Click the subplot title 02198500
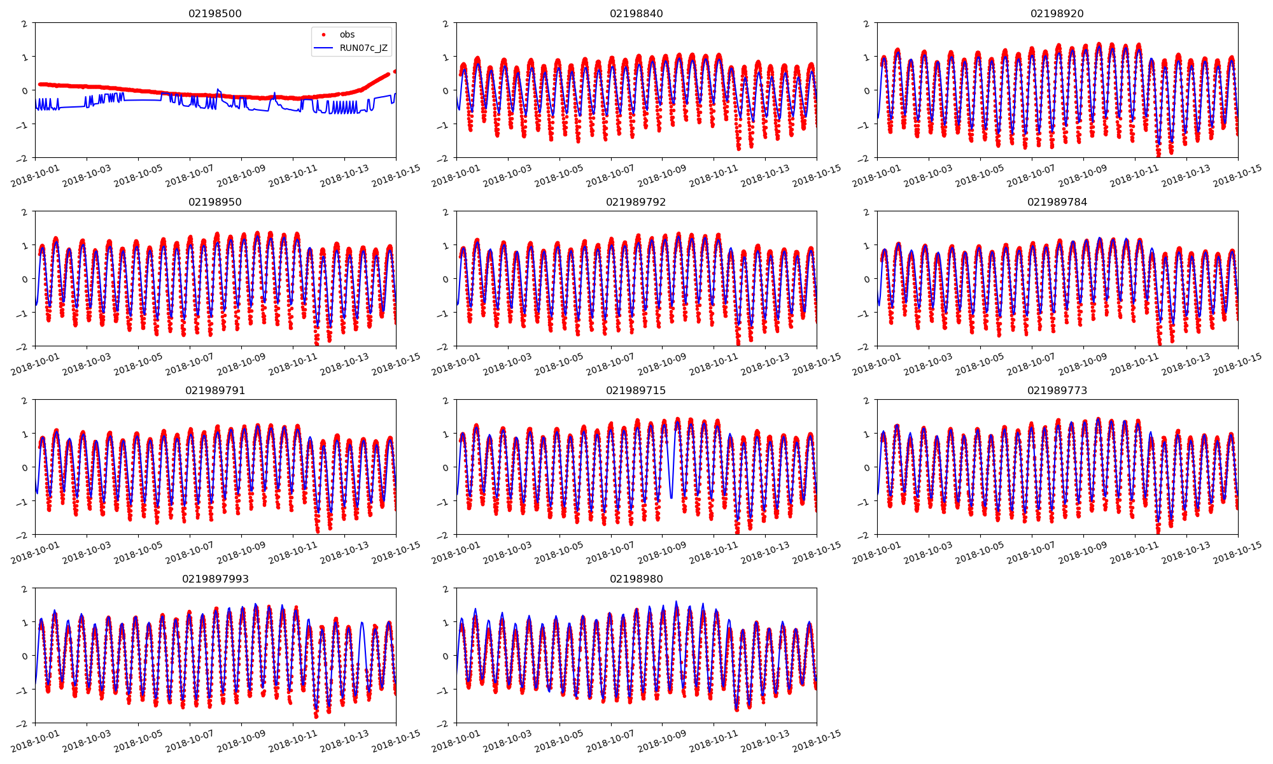point(215,13)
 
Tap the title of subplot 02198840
point(636,13)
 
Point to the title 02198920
point(1057,13)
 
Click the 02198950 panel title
point(215,202)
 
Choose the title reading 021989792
point(636,202)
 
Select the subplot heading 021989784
point(1057,202)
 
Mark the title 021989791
point(215,390)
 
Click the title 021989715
point(636,390)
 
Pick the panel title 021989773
point(1057,390)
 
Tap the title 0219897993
point(215,579)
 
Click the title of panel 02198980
point(636,579)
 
